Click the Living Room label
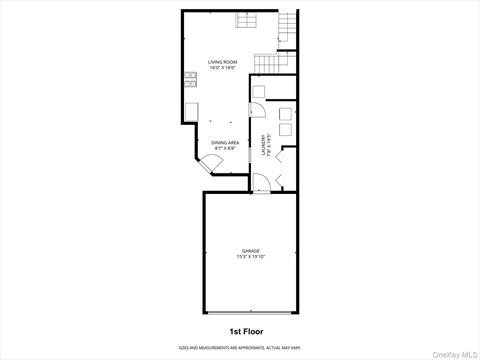[x=221, y=62]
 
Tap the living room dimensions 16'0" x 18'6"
[x=221, y=68]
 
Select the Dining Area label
[x=225, y=142]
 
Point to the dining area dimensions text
[x=225, y=148]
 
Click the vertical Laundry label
[x=265, y=145]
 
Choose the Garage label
[x=250, y=250]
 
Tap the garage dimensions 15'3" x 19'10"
[x=250, y=256]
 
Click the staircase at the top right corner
[x=288, y=28]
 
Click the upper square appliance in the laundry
[x=285, y=111]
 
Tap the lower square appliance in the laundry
[x=285, y=128]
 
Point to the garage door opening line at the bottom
[x=250, y=311]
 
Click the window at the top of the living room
[x=246, y=22]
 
